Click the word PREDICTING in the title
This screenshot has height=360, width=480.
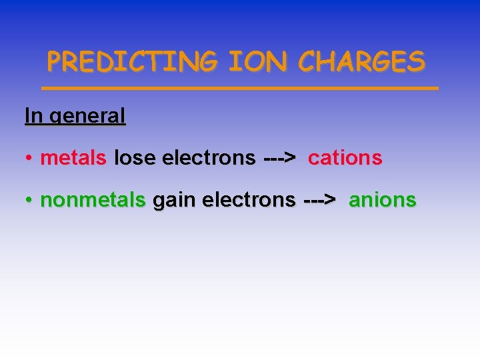[132, 62]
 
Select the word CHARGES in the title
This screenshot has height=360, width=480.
[361, 62]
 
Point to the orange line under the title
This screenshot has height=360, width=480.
[240, 87]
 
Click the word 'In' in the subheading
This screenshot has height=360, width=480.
[33, 115]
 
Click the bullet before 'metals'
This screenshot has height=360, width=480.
[30, 159]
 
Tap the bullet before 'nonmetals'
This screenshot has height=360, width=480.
[30, 200]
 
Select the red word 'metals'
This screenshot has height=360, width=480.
[73, 158]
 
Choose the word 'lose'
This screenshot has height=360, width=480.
[135, 158]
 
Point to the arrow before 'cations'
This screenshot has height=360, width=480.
[280, 158]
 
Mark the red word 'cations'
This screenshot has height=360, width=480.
[345, 158]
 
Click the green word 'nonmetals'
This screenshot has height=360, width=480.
[93, 199]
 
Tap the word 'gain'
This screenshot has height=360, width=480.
[173, 201]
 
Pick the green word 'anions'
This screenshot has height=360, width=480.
[383, 199]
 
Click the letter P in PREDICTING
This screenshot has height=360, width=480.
[55, 62]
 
